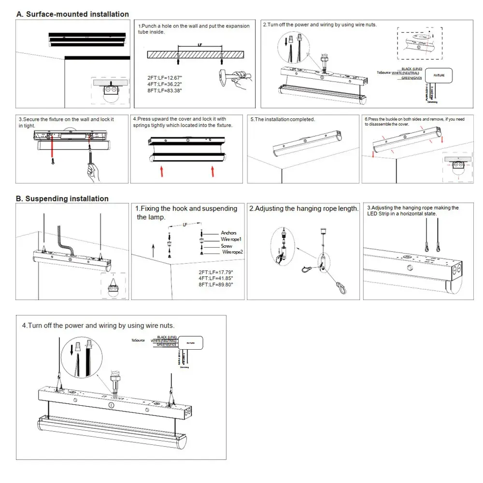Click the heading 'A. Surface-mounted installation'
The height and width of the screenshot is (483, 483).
72,14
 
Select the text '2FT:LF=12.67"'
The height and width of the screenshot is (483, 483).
165,77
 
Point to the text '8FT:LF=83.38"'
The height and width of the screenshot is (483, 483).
165,91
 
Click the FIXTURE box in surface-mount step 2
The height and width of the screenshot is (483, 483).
439,75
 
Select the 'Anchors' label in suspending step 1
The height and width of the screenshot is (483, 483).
228,233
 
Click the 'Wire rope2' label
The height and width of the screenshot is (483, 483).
232,252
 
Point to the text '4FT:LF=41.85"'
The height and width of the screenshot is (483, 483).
215,278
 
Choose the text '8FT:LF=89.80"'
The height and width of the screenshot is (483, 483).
215,285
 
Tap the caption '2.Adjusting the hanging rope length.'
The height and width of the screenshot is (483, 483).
304,209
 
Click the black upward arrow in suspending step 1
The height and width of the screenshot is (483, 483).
153,251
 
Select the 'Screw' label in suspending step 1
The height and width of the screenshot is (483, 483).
227,246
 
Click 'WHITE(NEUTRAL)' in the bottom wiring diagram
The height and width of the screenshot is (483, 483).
164,341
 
